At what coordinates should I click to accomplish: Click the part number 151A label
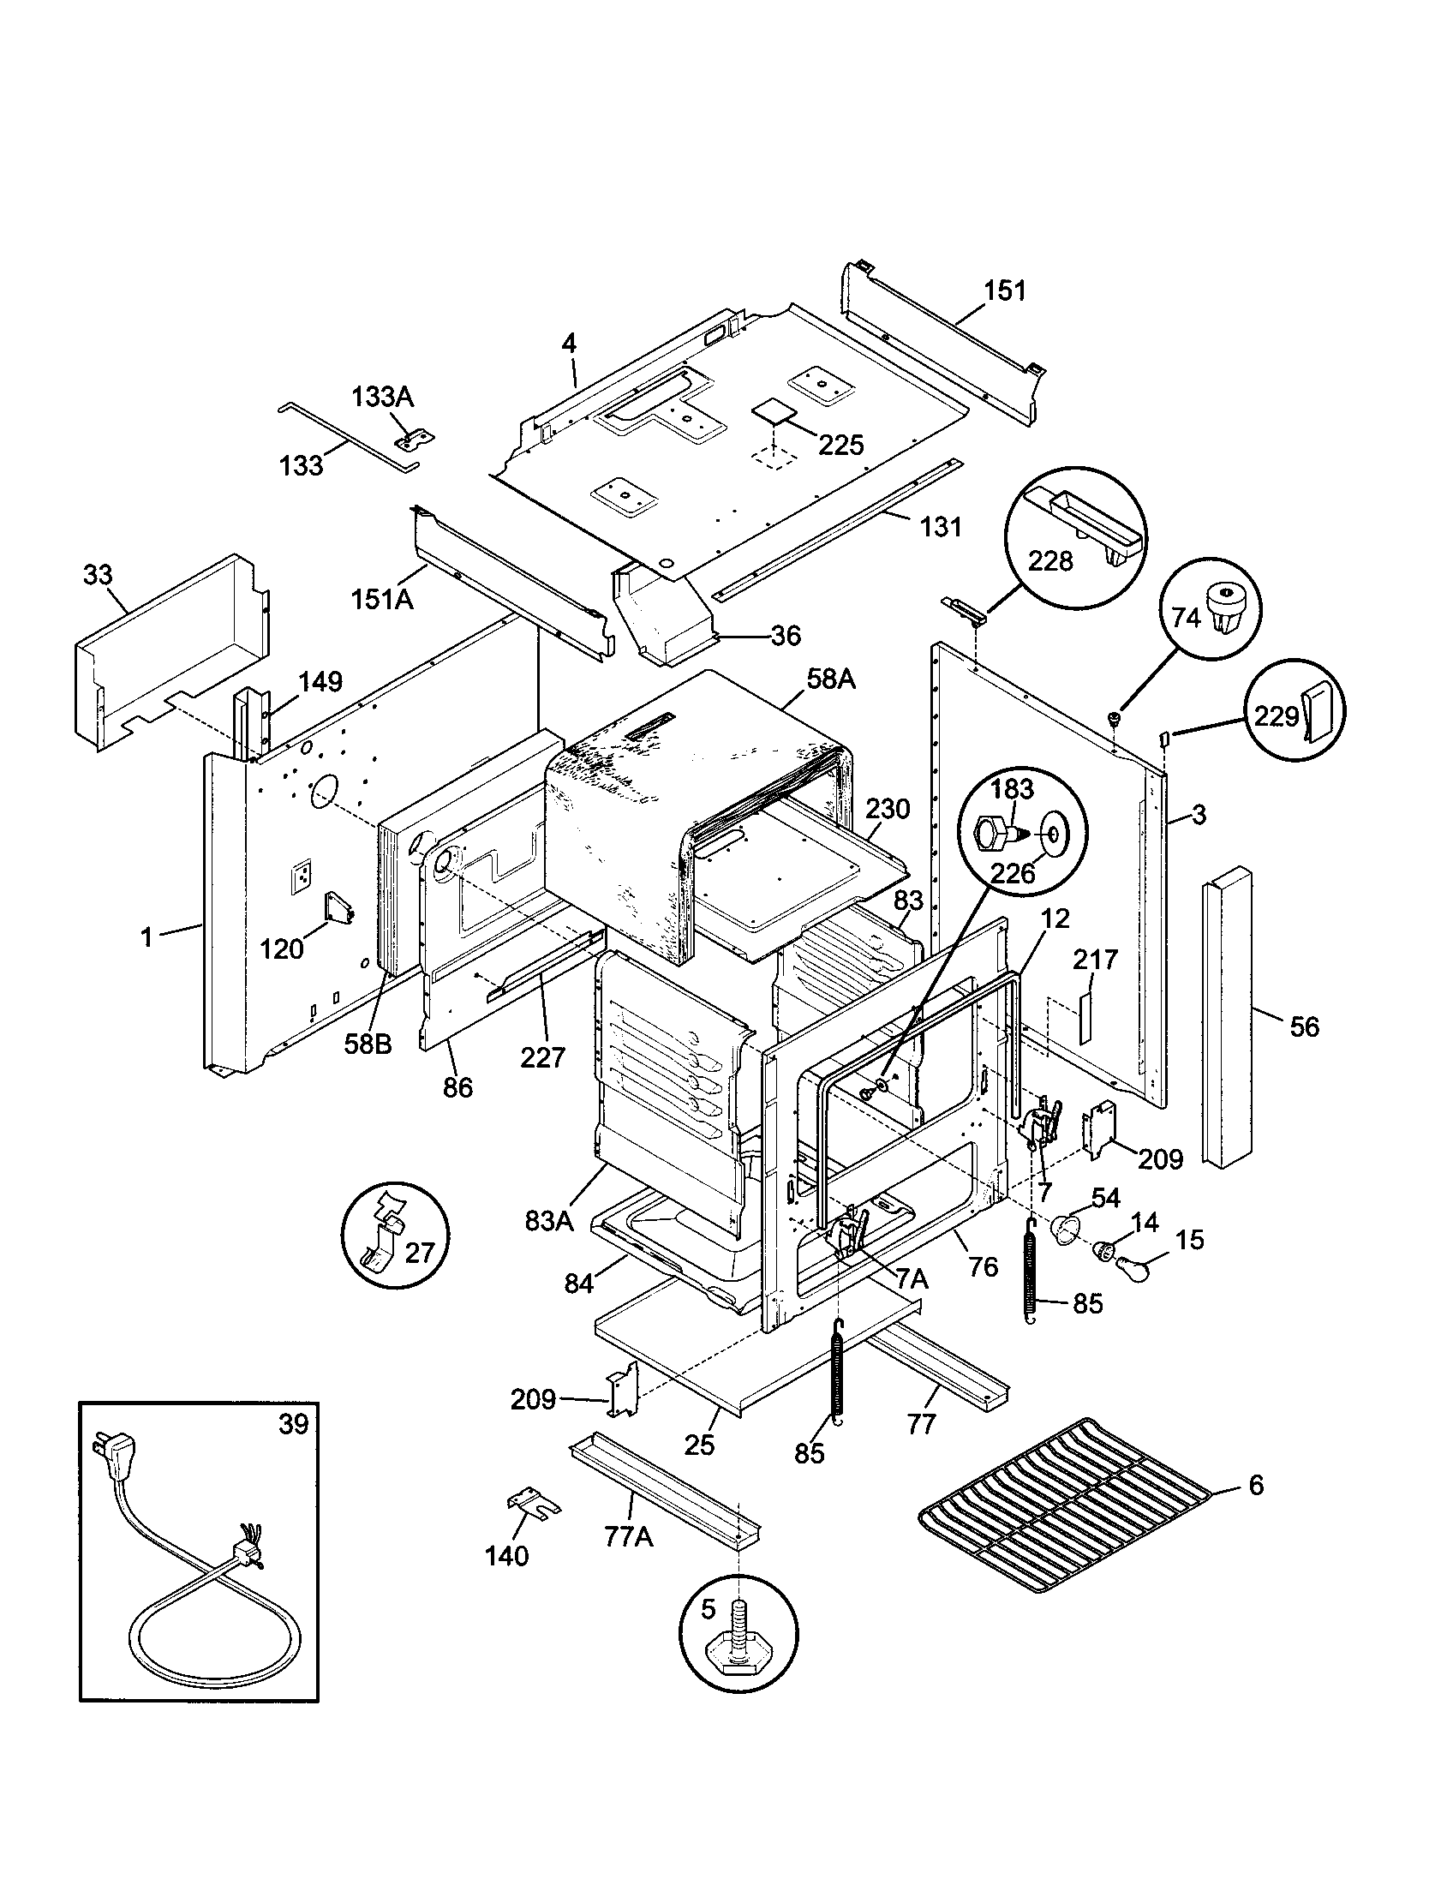tap(381, 598)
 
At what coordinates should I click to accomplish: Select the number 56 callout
tap(1304, 1026)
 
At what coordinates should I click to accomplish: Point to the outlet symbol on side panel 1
tap(301, 877)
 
